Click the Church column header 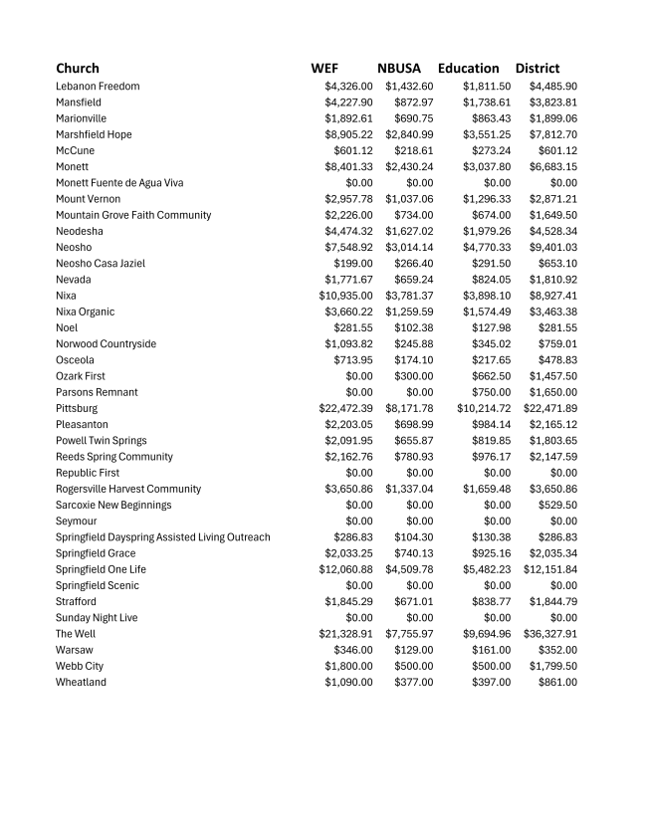(x=78, y=69)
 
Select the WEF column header (x=324, y=69)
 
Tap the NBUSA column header (x=399, y=69)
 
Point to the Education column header (x=468, y=69)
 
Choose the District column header (x=538, y=69)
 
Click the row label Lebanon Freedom (x=98, y=87)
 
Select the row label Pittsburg (x=77, y=409)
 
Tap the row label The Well (x=76, y=634)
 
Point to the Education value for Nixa (x=487, y=296)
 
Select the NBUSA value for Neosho (x=409, y=248)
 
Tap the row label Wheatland (x=81, y=683)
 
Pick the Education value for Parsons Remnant (x=491, y=392)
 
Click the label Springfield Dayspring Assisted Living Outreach (x=162, y=537)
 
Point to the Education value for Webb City (x=491, y=666)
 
